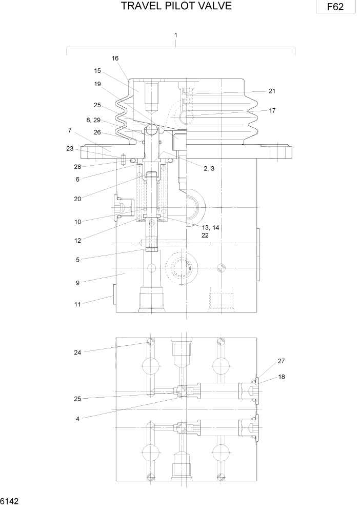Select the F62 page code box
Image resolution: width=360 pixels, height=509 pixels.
tap(336, 8)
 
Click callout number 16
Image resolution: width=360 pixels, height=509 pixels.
tap(115, 58)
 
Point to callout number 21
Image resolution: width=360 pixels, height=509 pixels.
tap(272, 91)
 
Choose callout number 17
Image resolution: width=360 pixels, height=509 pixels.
tap(272, 110)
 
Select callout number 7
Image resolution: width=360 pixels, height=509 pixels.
tap(70, 130)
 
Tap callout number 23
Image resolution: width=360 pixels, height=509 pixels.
tap(70, 149)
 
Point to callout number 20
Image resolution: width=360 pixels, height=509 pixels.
tap(77, 199)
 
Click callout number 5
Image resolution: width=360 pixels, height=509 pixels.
tap(77, 260)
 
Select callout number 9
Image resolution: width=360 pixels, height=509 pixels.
tap(77, 282)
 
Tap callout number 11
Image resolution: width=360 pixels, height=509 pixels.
tap(77, 304)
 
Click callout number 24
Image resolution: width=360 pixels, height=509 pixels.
tap(77, 352)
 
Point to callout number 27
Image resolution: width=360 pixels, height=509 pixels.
tap(281, 361)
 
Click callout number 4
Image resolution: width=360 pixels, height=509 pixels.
tap(77, 419)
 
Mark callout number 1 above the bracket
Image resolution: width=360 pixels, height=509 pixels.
tap(176, 35)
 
